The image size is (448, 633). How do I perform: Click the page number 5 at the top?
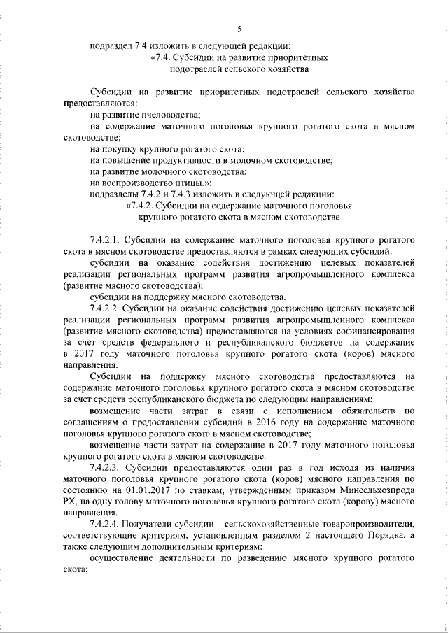click(x=239, y=29)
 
